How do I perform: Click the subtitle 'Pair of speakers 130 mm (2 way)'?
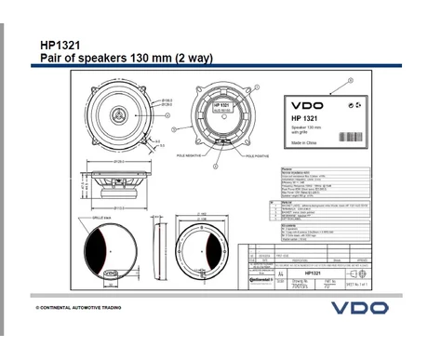click(x=127, y=58)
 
